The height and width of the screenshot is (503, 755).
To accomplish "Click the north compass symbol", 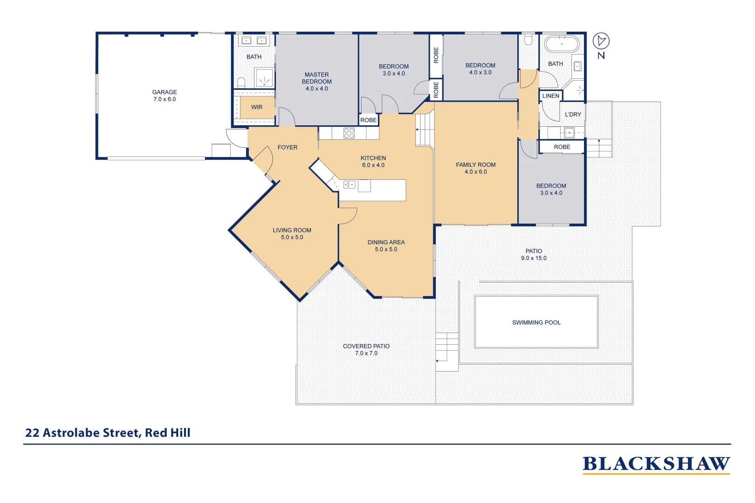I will click(x=601, y=41).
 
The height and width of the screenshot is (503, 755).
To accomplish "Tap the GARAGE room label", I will click(x=165, y=92).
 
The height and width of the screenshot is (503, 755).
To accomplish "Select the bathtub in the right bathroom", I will click(x=562, y=44).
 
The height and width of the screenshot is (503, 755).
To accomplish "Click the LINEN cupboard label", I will click(x=550, y=96).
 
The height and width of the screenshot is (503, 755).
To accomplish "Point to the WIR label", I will click(x=257, y=107).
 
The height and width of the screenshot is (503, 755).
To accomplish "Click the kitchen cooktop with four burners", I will click(x=349, y=133).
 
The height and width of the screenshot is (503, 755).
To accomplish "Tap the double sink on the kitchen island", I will click(x=350, y=185).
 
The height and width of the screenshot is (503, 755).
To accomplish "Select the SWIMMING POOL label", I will click(x=536, y=322).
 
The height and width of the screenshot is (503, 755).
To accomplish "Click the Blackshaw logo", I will click(x=656, y=464).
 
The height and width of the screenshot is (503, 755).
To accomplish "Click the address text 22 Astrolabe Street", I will click(x=108, y=433).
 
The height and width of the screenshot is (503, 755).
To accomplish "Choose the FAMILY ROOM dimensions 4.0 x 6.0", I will click(x=475, y=172).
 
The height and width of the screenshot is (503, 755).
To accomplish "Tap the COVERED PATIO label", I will click(x=366, y=346).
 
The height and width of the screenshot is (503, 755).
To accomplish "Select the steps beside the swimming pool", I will click(x=446, y=348).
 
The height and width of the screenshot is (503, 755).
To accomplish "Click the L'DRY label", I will click(x=573, y=115).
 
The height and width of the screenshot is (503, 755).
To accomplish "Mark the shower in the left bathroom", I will click(x=264, y=78).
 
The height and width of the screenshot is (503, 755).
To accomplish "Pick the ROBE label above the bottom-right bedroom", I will click(x=562, y=147).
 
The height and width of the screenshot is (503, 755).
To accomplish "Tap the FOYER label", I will click(x=287, y=147).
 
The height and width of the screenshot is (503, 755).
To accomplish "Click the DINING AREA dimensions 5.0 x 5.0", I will click(x=386, y=250).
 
